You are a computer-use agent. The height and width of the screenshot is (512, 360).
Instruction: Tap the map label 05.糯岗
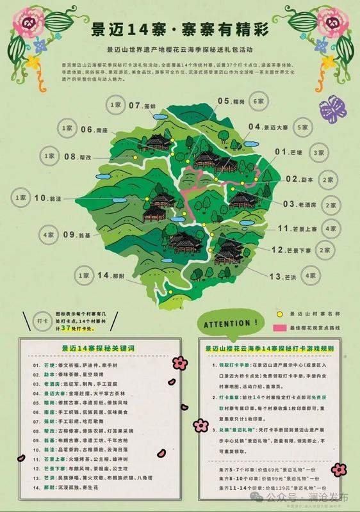[x=232, y=101]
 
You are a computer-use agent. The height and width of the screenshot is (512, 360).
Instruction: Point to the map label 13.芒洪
[x=282, y=276]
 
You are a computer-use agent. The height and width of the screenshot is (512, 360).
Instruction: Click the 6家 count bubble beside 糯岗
[x=259, y=102]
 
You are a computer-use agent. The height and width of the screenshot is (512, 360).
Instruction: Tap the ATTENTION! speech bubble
[x=233, y=324]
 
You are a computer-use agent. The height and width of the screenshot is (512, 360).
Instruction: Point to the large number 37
[x=65, y=328]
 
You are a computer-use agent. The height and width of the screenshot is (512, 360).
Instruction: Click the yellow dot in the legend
[x=279, y=314]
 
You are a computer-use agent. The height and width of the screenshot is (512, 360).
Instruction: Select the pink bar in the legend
[x=280, y=327]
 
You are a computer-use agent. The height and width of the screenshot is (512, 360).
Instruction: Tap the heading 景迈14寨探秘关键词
[x=88, y=348]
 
